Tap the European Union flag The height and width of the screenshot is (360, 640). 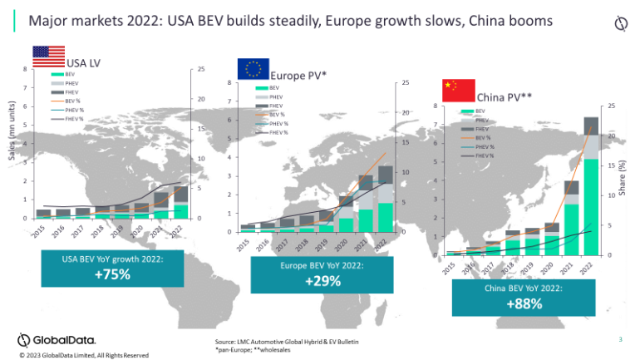(254, 69)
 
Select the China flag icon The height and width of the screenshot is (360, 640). (458, 90)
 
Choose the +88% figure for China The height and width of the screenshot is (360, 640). (524, 303)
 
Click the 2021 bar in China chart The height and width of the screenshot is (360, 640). (571, 220)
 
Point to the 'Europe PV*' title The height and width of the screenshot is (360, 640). (300, 76)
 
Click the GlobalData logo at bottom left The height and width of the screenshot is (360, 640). (57, 339)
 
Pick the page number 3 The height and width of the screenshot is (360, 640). (620, 338)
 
